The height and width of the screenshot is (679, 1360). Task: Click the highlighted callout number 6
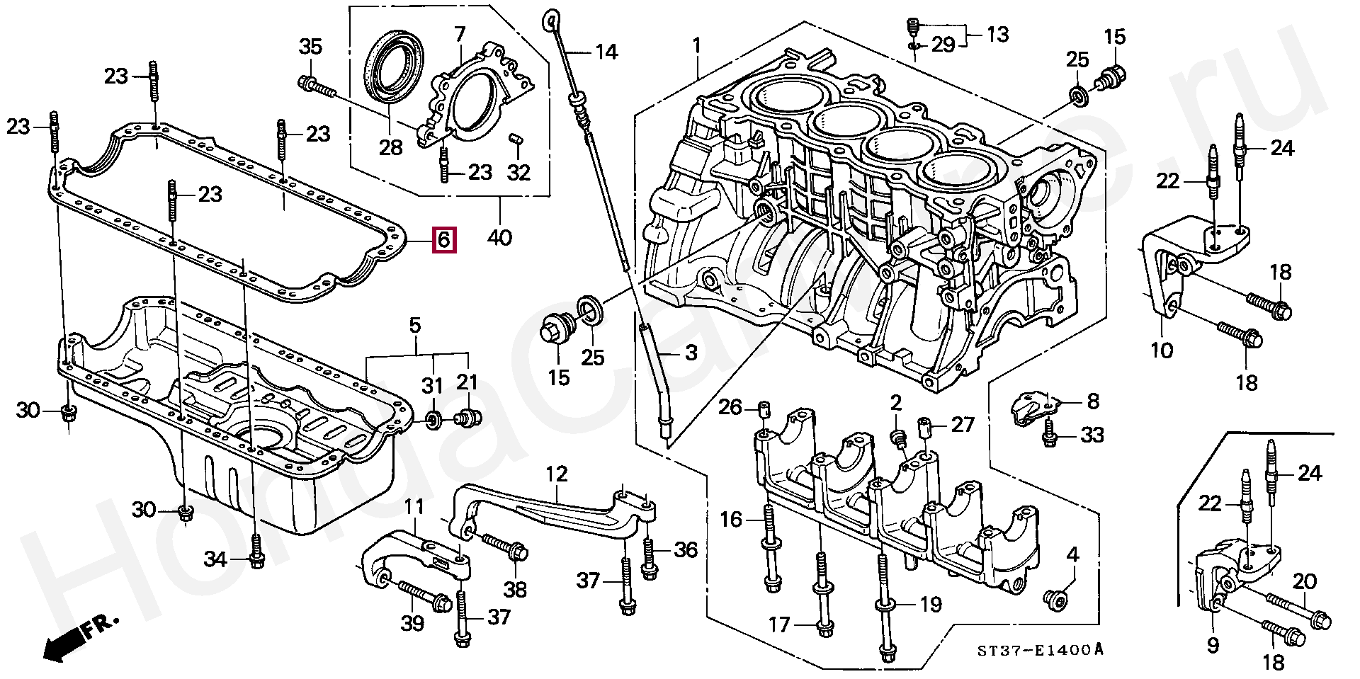tap(443, 239)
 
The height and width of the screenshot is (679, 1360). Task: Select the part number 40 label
tap(499, 236)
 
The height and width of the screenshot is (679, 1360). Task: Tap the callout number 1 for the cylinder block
tap(696, 46)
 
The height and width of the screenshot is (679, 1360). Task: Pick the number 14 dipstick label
tap(606, 52)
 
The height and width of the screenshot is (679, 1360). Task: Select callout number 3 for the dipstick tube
tap(691, 353)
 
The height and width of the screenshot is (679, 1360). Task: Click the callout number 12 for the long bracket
tap(557, 474)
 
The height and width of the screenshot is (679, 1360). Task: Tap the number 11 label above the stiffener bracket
tap(414, 507)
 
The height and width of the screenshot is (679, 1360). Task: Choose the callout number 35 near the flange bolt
tap(310, 47)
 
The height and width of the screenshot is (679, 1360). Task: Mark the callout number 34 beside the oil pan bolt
tap(215, 560)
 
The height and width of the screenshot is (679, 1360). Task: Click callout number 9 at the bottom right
tap(1213, 644)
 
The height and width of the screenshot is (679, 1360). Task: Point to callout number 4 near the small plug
tap(1072, 554)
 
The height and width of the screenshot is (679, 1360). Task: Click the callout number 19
tap(930, 604)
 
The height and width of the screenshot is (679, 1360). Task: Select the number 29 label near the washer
tap(943, 45)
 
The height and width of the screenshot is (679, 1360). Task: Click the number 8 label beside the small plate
tap(1093, 401)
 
